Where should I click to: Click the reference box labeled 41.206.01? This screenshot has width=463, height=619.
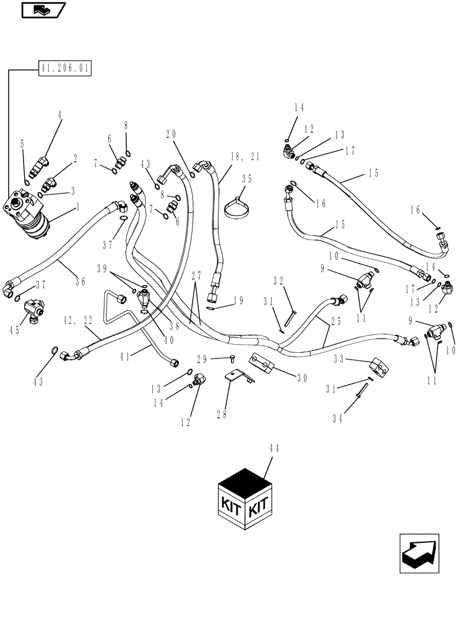tap(64, 69)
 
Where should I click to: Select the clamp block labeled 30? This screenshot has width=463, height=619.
tap(261, 363)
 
